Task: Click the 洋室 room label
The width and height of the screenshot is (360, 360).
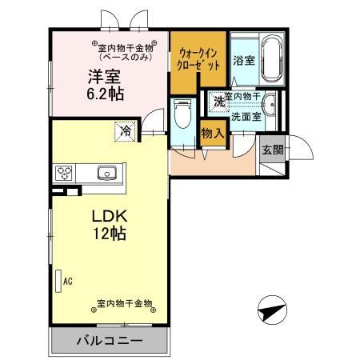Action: click(103, 78)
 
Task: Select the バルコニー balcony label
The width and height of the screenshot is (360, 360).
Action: click(110, 340)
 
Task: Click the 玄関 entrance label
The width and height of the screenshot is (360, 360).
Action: click(272, 150)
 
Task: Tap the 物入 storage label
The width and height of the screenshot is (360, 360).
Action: click(211, 134)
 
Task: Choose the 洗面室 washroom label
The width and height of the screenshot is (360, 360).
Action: click(246, 116)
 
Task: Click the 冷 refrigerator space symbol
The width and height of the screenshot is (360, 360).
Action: click(125, 128)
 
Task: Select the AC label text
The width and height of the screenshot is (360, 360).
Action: click(68, 281)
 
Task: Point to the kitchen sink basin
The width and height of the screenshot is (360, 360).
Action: click(107, 173)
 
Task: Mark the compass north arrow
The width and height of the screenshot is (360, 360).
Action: click(273, 308)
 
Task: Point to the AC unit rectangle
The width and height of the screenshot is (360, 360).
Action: click(58, 281)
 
